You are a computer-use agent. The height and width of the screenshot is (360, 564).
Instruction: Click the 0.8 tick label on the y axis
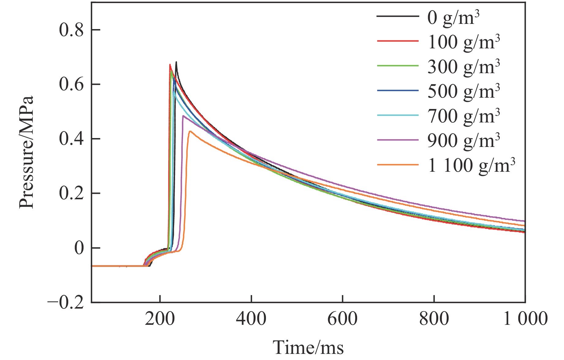[71, 30]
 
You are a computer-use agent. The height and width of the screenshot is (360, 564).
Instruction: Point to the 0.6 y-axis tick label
[71, 84]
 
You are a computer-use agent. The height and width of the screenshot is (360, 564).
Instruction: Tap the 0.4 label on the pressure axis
[71, 139]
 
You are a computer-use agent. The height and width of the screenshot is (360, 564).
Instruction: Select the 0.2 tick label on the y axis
[71, 193]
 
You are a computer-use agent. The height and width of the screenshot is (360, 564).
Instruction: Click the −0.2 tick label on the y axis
[65, 303]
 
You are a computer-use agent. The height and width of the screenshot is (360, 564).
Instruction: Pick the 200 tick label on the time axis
[160, 319]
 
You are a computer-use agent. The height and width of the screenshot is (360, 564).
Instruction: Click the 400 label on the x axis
[251, 319]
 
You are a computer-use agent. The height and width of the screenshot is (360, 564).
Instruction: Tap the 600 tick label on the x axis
[342, 319]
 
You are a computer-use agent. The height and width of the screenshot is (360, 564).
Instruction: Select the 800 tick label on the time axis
[434, 319]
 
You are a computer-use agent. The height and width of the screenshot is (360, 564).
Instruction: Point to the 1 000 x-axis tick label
[525, 319]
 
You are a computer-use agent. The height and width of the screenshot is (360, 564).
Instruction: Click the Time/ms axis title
[308, 348]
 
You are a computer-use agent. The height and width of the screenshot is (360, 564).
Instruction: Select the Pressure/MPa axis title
[26, 152]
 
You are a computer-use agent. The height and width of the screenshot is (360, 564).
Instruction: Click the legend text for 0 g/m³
[453, 18]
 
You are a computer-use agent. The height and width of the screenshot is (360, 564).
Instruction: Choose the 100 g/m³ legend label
[463, 42]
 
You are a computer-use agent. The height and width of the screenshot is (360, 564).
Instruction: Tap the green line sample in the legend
[398, 66]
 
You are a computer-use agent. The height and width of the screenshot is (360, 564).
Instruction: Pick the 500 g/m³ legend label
[463, 91]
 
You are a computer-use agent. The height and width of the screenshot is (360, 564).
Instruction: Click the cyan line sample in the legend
[398, 115]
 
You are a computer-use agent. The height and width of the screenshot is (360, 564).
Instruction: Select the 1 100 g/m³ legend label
[471, 166]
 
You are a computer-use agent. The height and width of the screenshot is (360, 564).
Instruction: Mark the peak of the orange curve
[190, 131]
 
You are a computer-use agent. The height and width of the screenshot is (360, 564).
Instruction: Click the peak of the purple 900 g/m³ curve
[183, 116]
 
